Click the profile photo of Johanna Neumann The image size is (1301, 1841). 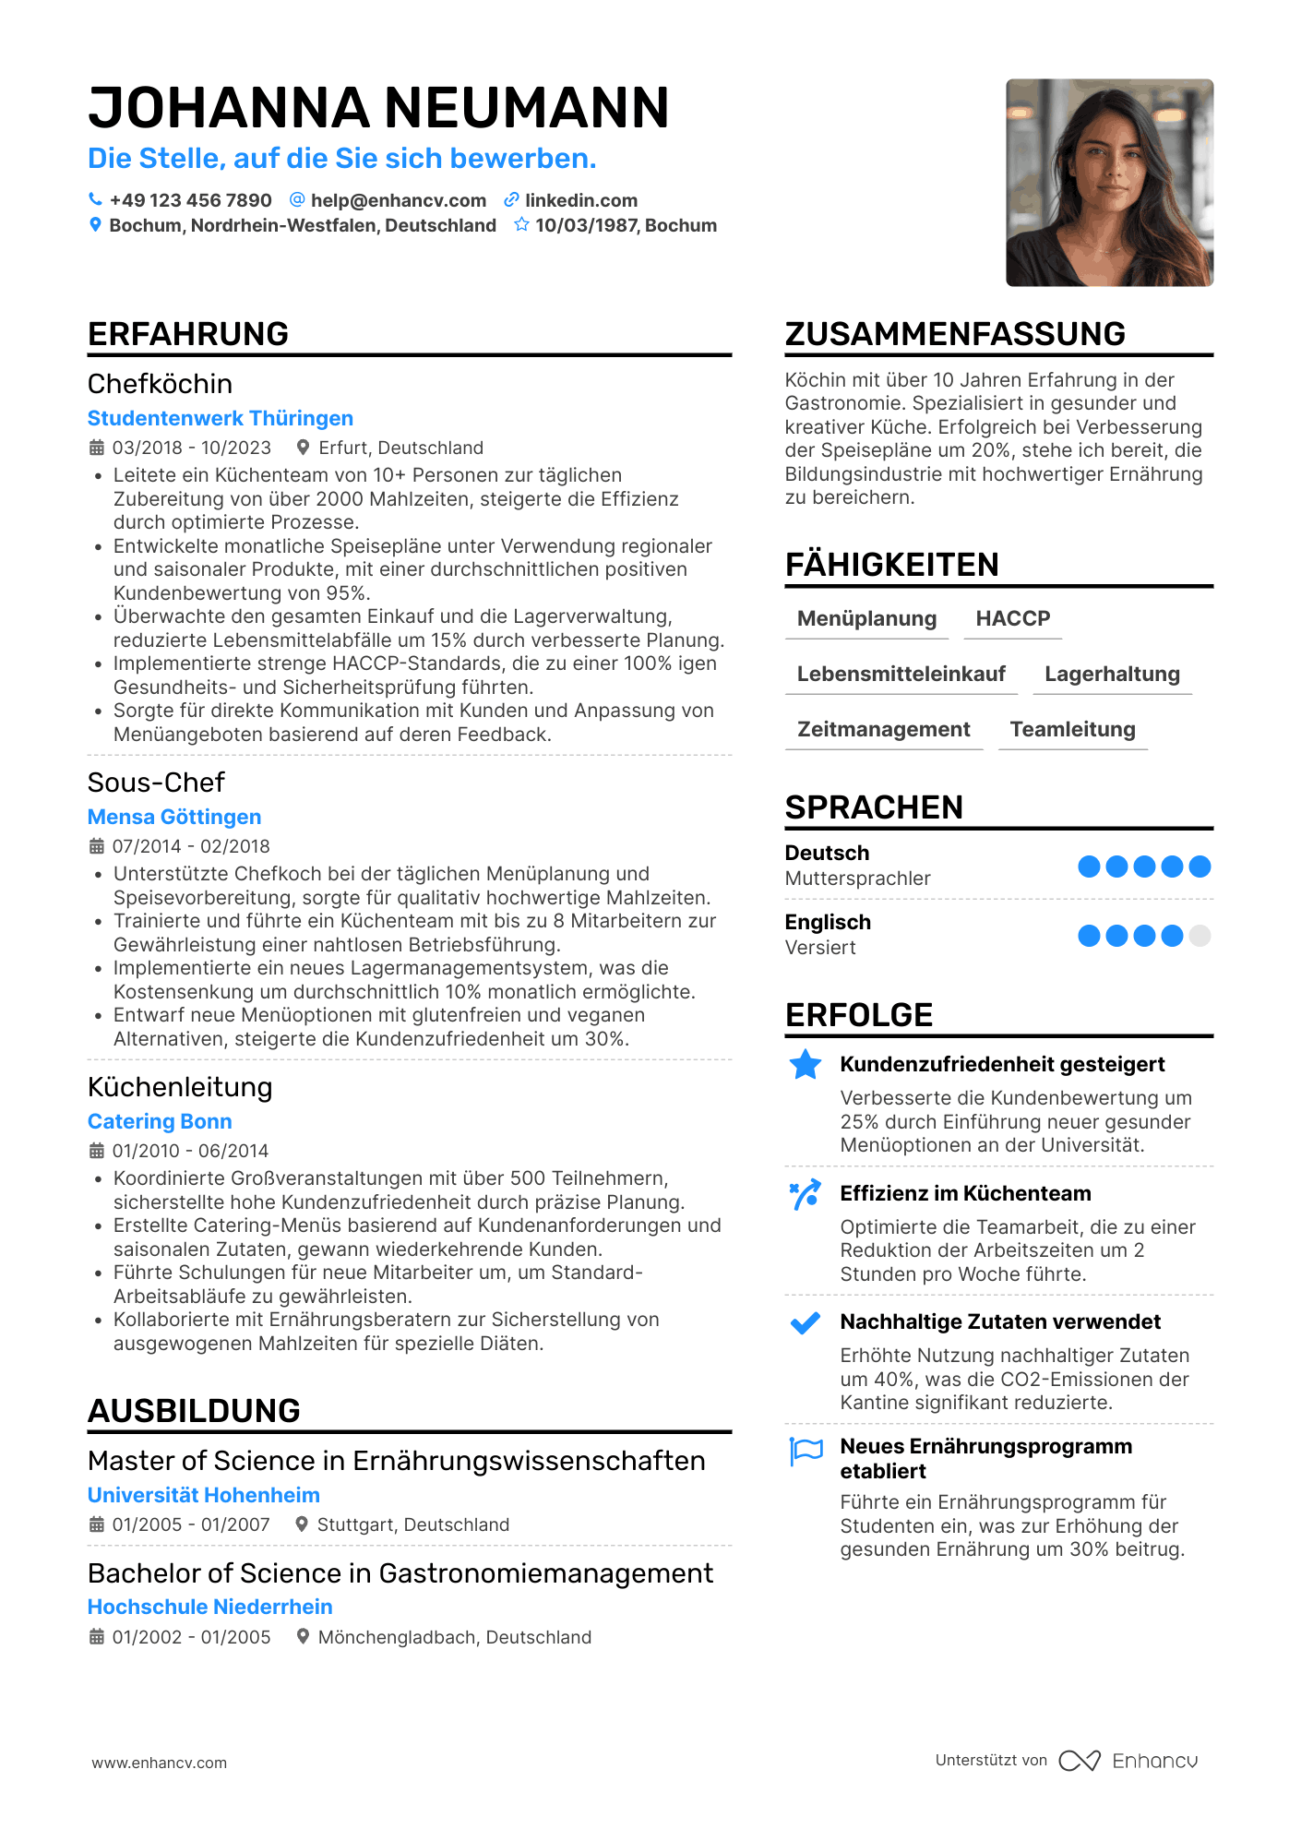pos(1109,183)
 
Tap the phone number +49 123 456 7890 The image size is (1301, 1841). pos(190,200)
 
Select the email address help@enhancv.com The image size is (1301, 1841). pos(398,200)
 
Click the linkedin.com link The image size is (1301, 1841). pos(580,200)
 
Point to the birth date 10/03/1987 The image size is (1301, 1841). pos(586,225)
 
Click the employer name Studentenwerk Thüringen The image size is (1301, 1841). pos(221,418)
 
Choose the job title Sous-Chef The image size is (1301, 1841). pos(156,783)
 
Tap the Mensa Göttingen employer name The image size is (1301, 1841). pos(174,817)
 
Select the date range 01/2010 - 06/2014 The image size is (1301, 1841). pos(190,1151)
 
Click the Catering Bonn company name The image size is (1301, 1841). pos(160,1121)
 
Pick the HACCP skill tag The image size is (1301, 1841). pos(1012,618)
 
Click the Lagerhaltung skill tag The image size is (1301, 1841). pos(1112,674)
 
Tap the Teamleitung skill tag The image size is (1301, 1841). pos(1072,729)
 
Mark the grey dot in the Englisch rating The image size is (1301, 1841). pos(1200,936)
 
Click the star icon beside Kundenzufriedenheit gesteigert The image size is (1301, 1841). pos(806,1065)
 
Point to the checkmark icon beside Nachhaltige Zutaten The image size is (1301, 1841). pos(806,1323)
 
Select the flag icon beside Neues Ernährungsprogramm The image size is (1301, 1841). pos(806,1451)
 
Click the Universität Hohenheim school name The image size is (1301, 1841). pos(204,1495)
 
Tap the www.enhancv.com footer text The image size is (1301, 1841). pos(159,1763)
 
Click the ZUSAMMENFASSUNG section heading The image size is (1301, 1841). pos(955,334)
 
